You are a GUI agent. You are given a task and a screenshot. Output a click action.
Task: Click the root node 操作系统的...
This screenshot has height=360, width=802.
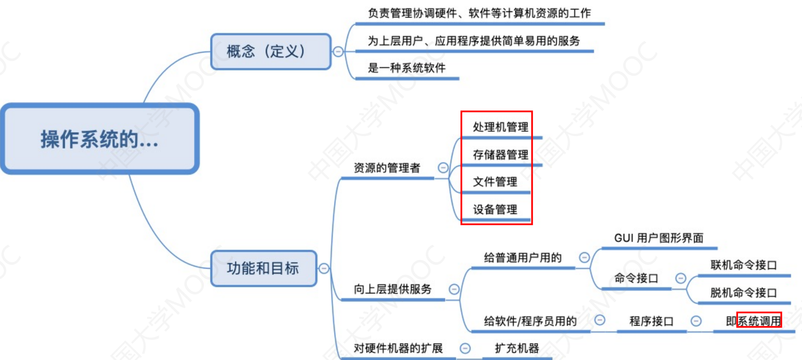coord(100,139)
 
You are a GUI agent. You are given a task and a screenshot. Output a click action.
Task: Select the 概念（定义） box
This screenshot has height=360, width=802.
coord(271,52)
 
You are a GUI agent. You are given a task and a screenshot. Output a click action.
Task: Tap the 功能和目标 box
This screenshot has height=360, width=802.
coord(264,268)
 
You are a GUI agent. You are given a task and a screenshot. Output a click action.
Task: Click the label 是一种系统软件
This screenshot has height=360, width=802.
coord(407,68)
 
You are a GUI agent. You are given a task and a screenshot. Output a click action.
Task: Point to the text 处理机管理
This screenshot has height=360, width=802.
coord(500,127)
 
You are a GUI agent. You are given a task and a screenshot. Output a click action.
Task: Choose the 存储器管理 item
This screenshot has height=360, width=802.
coord(500,155)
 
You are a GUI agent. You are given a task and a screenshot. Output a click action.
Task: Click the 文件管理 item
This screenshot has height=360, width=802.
coord(495,182)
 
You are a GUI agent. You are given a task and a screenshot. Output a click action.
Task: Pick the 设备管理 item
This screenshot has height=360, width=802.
coord(495,210)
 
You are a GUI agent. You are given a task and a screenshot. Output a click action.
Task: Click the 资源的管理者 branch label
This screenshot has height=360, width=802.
coord(387,168)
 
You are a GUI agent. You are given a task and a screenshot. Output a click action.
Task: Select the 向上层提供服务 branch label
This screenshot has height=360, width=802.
coord(392,289)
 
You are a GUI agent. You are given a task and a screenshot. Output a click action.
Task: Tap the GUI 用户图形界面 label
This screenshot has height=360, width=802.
coord(658,238)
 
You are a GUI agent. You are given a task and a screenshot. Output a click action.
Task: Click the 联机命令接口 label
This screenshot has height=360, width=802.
coord(743,265)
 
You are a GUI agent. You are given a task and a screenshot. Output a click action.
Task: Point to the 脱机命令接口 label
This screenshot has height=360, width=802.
coord(743,293)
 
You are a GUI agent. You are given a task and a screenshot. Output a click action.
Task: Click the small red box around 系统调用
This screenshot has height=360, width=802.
coord(759,320)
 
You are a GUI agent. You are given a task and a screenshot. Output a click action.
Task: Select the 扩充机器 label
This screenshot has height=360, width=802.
coord(517,348)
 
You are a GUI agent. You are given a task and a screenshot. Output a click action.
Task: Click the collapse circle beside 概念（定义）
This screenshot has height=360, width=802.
coord(338,52)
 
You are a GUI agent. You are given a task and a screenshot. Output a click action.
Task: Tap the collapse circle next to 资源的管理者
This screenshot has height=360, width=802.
coord(443,168)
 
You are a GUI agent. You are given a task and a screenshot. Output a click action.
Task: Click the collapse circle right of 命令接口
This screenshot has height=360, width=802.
coord(681,278)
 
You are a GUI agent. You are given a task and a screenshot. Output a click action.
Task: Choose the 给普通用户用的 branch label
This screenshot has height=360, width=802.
coord(523,258)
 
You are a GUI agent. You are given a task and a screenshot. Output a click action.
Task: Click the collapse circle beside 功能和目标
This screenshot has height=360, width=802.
coord(324,268)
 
